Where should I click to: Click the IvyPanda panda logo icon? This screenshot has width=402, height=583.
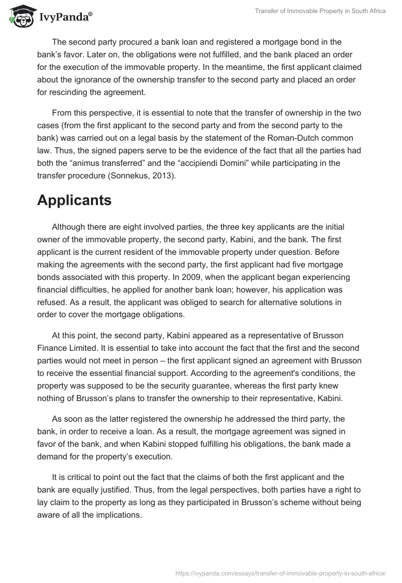coord(20,16)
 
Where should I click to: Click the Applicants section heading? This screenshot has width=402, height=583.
coord(74,200)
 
